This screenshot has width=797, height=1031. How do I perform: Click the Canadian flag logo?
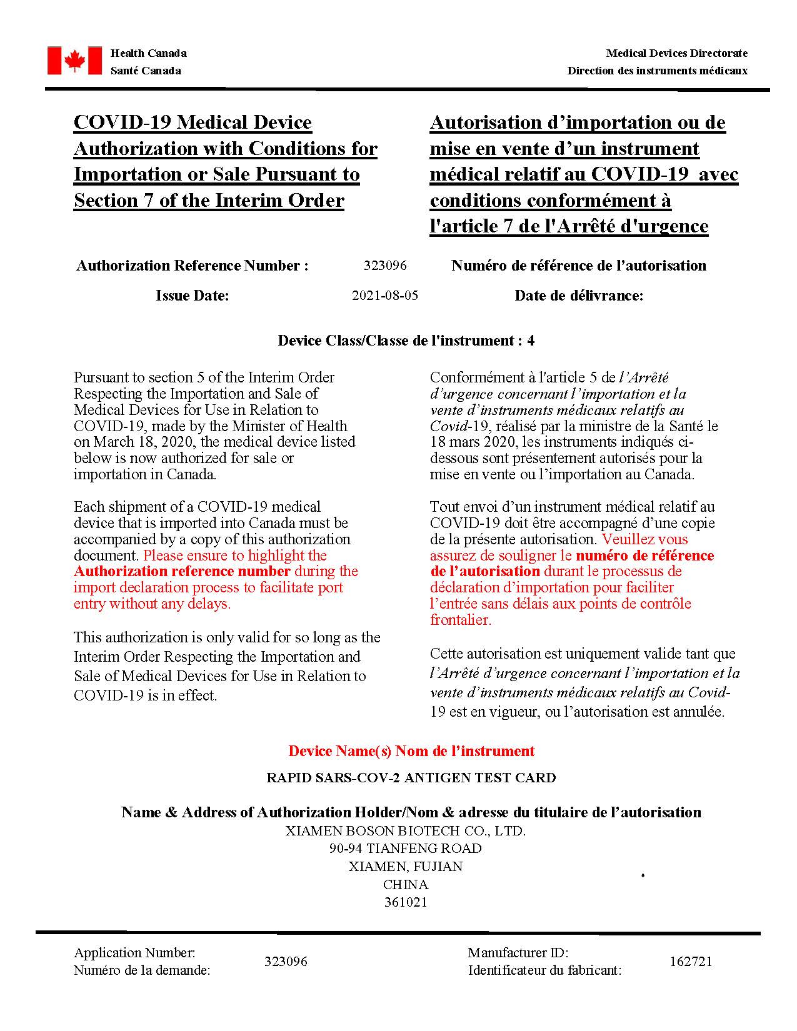pyautogui.click(x=74, y=61)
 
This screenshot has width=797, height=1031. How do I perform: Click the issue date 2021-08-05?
pyautogui.click(x=385, y=296)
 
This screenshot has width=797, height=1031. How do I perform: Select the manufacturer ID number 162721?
pyautogui.click(x=691, y=961)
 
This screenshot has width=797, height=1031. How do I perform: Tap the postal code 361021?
pyautogui.click(x=406, y=902)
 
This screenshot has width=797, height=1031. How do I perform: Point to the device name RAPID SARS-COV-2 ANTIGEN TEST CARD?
pyautogui.click(x=411, y=778)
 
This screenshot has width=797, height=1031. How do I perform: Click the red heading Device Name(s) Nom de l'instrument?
pyautogui.click(x=411, y=750)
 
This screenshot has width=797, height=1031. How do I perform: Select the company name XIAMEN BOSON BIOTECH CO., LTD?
pyautogui.click(x=406, y=831)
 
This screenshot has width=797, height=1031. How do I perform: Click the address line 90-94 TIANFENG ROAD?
pyautogui.click(x=406, y=849)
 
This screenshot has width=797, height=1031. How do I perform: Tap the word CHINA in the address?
pyautogui.click(x=406, y=884)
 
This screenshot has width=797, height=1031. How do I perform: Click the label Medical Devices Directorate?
pyautogui.click(x=676, y=53)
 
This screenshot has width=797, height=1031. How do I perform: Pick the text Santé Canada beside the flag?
pyautogui.click(x=146, y=71)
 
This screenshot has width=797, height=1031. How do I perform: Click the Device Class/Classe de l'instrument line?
pyautogui.click(x=406, y=341)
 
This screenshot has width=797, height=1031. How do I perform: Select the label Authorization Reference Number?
pyautogui.click(x=192, y=266)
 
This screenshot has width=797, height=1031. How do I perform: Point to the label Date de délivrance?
pyautogui.click(x=579, y=296)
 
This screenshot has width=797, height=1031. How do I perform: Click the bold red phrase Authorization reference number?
pyautogui.click(x=182, y=571)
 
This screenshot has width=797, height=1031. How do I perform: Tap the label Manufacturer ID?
pyautogui.click(x=518, y=953)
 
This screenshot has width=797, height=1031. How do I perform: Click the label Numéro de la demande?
pyautogui.click(x=142, y=970)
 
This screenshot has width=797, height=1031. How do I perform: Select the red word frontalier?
pyautogui.click(x=461, y=620)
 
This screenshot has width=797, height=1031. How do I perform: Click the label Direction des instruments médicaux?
pyautogui.click(x=657, y=71)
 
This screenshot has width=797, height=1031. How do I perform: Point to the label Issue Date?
pyautogui.click(x=193, y=296)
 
